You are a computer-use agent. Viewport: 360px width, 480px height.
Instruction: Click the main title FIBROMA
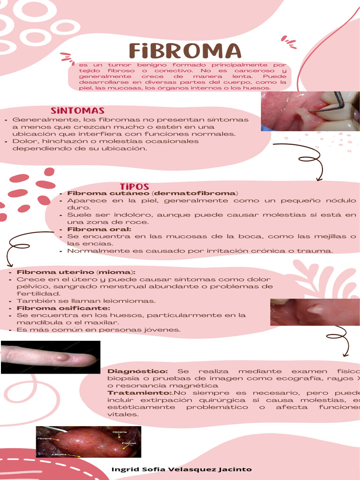(185, 51)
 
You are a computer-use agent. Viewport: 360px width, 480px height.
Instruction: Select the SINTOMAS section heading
(77, 111)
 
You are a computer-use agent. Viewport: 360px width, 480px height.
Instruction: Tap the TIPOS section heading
(134, 187)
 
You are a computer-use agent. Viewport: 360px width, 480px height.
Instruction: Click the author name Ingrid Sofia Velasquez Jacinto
(181, 469)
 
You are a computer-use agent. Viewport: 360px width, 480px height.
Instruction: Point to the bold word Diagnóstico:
(137, 371)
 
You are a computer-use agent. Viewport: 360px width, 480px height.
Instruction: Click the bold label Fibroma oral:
(99, 229)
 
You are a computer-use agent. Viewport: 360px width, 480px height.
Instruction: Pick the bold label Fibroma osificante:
(63, 308)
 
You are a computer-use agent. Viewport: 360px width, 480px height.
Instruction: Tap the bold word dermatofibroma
(195, 193)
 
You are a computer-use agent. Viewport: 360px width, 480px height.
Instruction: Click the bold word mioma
(115, 272)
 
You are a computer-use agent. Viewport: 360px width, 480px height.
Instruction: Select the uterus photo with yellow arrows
(89, 442)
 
